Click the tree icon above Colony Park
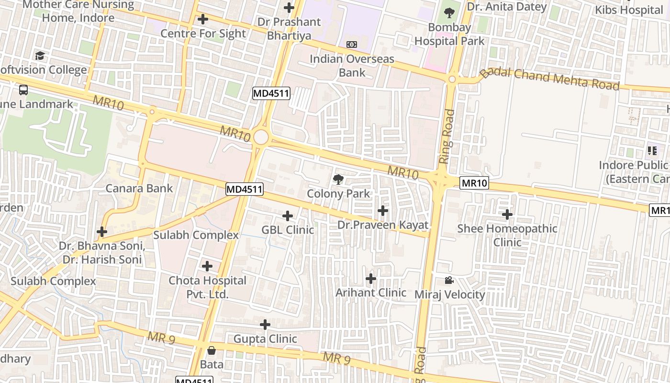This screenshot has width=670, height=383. (338, 180)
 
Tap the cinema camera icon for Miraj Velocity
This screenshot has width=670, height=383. (449, 280)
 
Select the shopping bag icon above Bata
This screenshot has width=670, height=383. (212, 350)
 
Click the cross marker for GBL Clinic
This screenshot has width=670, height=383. (288, 216)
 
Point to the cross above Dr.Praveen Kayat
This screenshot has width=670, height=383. (383, 211)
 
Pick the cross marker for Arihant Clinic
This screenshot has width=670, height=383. (371, 279)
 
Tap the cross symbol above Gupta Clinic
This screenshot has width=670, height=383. (265, 325)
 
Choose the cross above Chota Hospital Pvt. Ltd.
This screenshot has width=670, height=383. (207, 266)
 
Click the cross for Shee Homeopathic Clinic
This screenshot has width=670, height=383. (507, 214)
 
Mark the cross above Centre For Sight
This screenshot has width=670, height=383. (203, 19)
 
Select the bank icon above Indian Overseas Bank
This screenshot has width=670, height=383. (352, 45)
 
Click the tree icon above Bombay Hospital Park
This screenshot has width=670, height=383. (449, 13)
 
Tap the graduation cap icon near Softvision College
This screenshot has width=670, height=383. (40, 56)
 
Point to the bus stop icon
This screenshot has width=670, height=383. (23, 90)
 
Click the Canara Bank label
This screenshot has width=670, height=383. (139, 188)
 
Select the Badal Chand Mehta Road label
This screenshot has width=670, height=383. (550, 79)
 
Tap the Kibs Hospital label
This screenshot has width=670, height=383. (628, 10)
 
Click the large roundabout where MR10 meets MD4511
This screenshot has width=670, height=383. (261, 137)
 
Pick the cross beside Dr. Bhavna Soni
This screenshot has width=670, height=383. (102, 232)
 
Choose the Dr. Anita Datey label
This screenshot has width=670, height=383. (506, 7)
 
